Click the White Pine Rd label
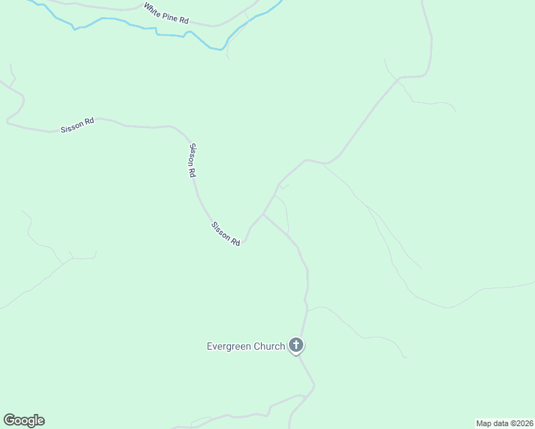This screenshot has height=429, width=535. [165, 14]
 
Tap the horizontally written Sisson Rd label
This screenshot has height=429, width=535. [77, 125]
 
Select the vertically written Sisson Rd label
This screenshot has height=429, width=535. [192, 160]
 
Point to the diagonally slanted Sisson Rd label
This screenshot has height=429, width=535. [225, 234]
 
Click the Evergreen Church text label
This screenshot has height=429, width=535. [246, 347]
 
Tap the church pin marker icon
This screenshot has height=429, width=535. [296, 346]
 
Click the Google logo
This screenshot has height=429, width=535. [24, 420]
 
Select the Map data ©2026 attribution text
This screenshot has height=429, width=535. [504, 423]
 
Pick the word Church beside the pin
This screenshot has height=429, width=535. [269, 347]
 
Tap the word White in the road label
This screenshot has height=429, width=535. [152, 9]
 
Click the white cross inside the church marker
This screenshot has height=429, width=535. [296, 345]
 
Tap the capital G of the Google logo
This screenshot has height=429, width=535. [9, 420]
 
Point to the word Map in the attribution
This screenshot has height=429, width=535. [484, 423]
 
